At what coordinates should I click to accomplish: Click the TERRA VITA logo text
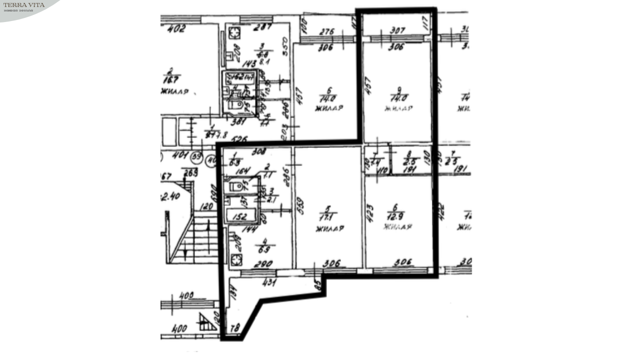coord(24,5)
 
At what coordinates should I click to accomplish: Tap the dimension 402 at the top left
coord(176,29)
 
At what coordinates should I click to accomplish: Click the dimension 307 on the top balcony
coord(396,30)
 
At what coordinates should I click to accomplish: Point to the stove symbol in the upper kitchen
coord(234,33)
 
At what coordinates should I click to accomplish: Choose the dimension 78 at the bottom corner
coord(235,328)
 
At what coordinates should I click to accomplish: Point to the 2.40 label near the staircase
coord(170,197)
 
